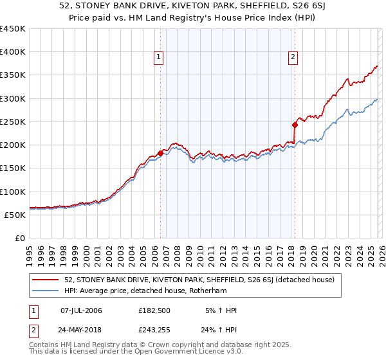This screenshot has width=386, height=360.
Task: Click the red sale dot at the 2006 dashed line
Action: point(160,153)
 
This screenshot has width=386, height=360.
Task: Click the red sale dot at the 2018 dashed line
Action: point(295,125)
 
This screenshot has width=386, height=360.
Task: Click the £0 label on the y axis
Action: point(19,238)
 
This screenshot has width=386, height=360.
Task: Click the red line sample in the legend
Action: point(46,280)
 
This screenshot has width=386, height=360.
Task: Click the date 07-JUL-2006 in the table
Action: point(81,310)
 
